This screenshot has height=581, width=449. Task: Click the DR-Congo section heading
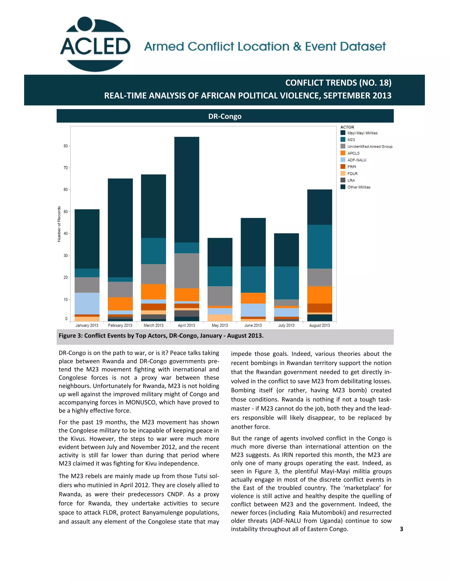click(225, 116)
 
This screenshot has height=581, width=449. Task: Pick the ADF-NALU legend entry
click(356, 160)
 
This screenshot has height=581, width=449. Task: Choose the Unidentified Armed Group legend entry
click(369, 146)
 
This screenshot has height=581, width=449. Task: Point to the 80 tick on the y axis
click(65, 146)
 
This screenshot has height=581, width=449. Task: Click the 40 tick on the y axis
click(65, 233)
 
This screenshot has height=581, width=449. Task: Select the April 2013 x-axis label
click(187, 325)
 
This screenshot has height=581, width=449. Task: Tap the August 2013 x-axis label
click(319, 325)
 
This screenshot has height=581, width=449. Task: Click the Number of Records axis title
click(59, 224)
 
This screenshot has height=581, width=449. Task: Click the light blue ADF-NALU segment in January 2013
click(87, 303)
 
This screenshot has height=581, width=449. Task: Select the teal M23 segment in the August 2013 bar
click(319, 247)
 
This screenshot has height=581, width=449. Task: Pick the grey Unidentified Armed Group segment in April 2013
click(187, 271)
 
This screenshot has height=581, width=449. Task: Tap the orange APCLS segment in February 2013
click(120, 303)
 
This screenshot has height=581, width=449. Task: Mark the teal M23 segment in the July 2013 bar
click(286, 283)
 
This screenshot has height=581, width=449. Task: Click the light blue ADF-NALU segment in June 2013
click(253, 310)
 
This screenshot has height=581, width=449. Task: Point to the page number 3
click(401, 529)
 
